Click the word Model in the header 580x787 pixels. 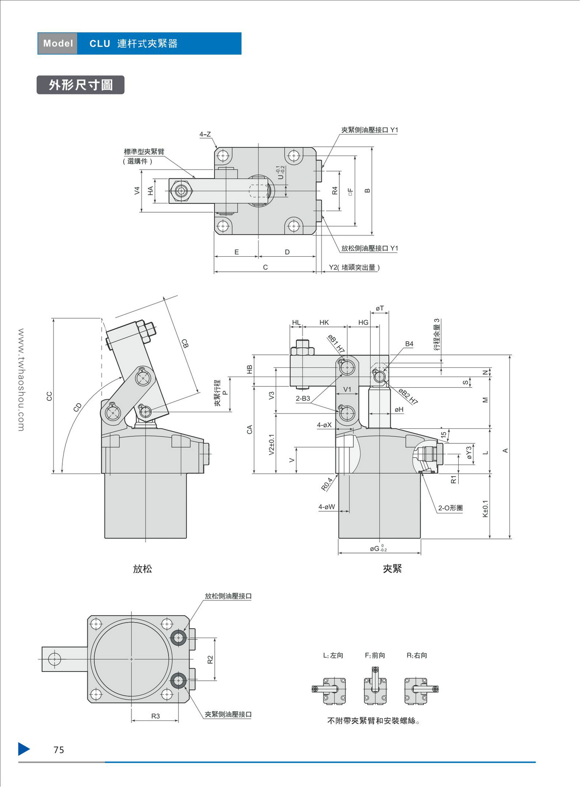point(58,44)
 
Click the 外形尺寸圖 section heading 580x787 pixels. point(81,85)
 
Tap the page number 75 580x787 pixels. point(58,750)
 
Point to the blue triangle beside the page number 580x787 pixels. point(24,749)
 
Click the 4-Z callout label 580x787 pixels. point(205,134)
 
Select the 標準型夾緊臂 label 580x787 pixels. point(144,152)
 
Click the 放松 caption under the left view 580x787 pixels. point(143,569)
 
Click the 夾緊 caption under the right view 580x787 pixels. point(392,569)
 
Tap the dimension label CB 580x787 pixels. point(185,344)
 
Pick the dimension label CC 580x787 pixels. point(49,396)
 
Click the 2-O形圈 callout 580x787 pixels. point(450,508)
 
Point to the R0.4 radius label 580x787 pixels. point(327,484)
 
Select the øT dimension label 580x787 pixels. point(380,308)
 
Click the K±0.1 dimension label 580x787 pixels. point(485,509)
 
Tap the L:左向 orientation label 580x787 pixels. point(333,656)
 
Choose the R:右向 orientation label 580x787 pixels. point(417,656)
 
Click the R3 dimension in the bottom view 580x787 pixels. point(155,716)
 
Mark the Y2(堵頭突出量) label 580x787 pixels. point(354,267)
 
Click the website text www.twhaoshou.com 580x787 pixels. point(21,380)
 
